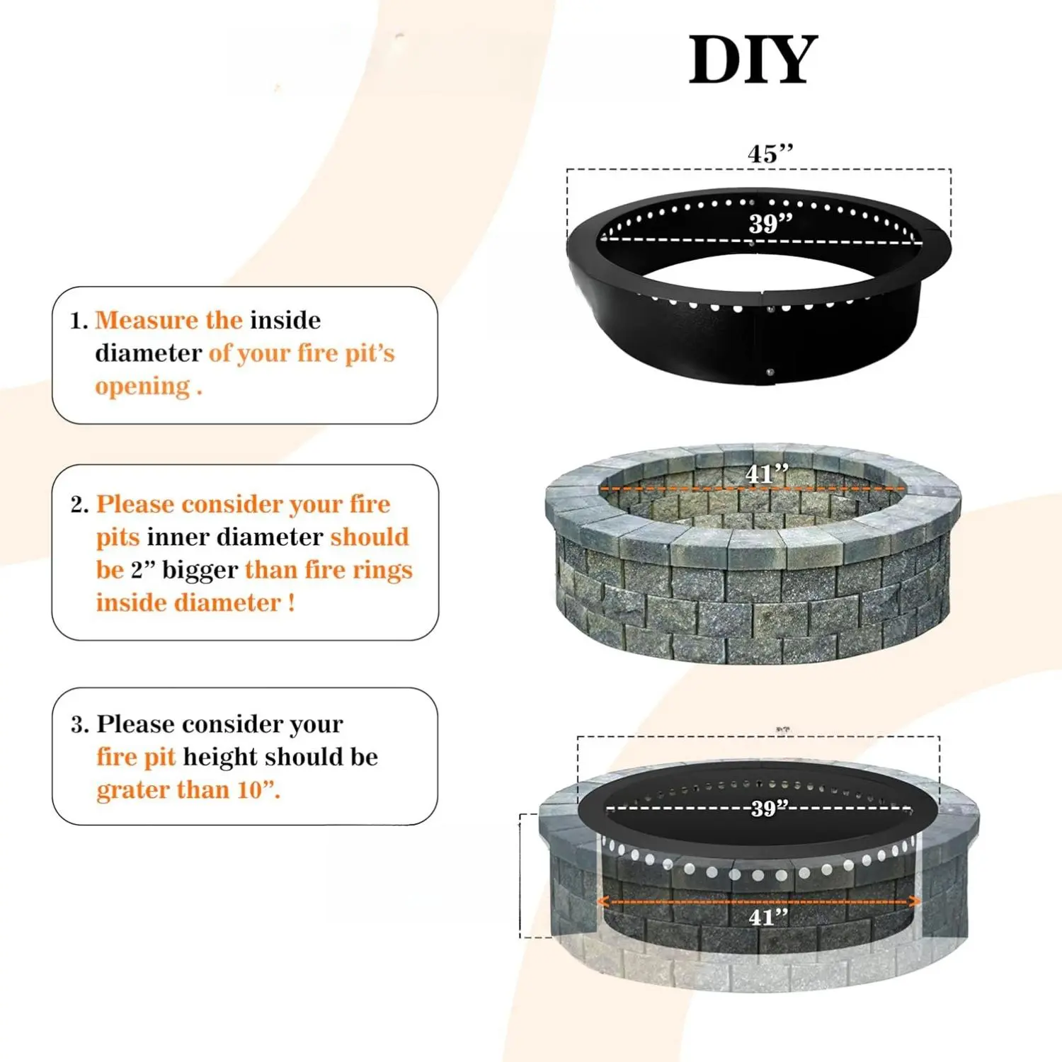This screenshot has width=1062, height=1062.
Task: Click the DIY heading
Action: pyautogui.click(x=753, y=60)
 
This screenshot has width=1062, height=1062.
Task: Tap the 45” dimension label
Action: pyautogui.click(x=770, y=154)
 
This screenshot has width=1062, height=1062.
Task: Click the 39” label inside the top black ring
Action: pyautogui.click(x=771, y=224)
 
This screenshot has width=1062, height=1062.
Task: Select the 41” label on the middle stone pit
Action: pyautogui.click(x=767, y=474)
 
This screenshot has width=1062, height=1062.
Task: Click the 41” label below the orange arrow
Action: pyautogui.click(x=769, y=918)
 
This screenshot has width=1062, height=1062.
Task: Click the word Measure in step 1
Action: pyautogui.click(x=147, y=320)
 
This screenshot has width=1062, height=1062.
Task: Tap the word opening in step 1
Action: pyautogui.click(x=142, y=387)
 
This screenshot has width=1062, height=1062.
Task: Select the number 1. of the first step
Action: pyautogui.click(x=79, y=321)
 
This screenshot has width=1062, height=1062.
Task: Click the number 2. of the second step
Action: pyautogui.click(x=80, y=505)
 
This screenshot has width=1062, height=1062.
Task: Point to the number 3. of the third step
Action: pyautogui.click(x=80, y=724)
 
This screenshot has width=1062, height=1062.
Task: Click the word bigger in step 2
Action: pyautogui.click(x=200, y=571)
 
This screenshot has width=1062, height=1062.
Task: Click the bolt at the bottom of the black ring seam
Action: pyautogui.click(x=770, y=372)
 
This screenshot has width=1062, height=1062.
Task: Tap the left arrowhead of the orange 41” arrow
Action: pyautogui.click(x=604, y=901)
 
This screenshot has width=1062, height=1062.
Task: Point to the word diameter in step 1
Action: pyautogui.click(x=149, y=353)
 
